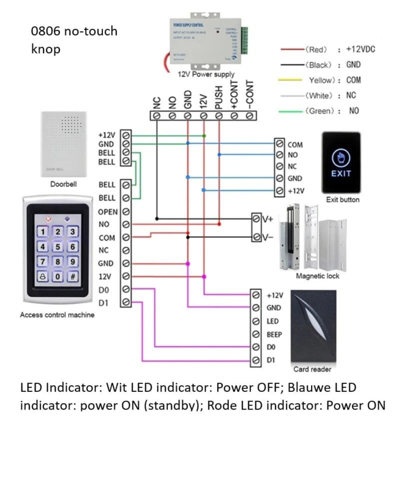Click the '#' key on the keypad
pyautogui.click(x=73, y=276)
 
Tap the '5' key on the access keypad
pyautogui.click(x=58, y=247)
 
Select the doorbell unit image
pyautogui.click(x=62, y=143)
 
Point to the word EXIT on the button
pyautogui.click(x=341, y=174)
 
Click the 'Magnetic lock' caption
pyautogui.click(x=317, y=276)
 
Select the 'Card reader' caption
pyautogui.click(x=312, y=369)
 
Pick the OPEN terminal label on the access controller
pyautogui.click(x=107, y=211)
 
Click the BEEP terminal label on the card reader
pyautogui.click(x=274, y=334)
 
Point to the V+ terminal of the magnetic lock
pyautogui.click(x=267, y=218)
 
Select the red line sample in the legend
pyautogui.click(x=291, y=48)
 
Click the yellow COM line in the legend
pyautogui.click(x=291, y=80)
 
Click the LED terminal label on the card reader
pyautogui.click(x=273, y=321)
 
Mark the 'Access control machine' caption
pyautogui.click(x=58, y=315)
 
